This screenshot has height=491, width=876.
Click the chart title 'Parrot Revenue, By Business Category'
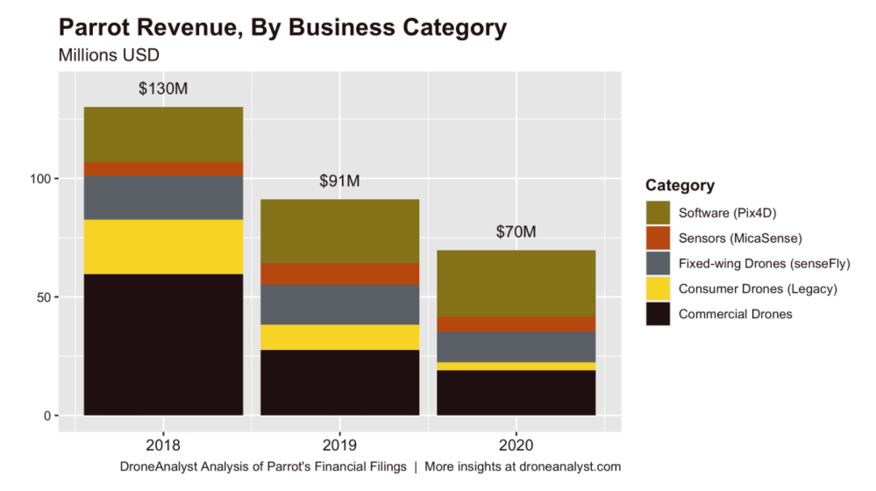(x=282, y=27)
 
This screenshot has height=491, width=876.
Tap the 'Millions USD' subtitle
(x=108, y=54)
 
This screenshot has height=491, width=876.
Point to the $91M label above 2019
(x=339, y=181)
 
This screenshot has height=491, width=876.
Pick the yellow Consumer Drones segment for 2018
(x=163, y=246)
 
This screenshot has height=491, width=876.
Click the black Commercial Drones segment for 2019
(x=339, y=381)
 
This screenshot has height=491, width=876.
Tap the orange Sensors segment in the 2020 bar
(x=516, y=324)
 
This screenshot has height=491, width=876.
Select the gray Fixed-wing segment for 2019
(x=339, y=304)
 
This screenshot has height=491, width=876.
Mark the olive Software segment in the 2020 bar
(x=516, y=283)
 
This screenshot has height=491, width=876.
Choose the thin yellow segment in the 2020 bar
(x=516, y=366)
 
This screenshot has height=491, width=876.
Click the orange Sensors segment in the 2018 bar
(x=163, y=169)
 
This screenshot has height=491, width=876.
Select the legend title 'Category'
(x=680, y=186)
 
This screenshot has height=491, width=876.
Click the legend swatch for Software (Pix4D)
(x=657, y=212)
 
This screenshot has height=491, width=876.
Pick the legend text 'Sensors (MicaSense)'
(x=740, y=238)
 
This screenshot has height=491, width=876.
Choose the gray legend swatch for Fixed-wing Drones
(x=657, y=263)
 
